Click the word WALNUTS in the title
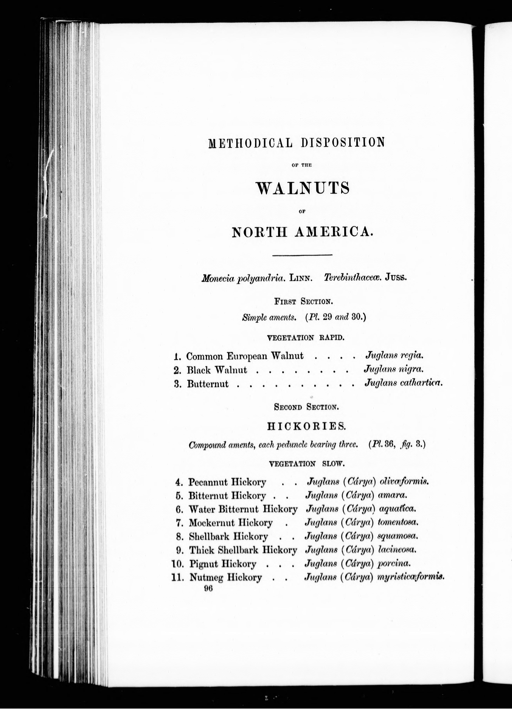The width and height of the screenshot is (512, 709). pos(303,188)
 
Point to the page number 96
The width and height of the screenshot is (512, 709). pos(208,588)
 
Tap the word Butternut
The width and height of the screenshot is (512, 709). pos(208,384)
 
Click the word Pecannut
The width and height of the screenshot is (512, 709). pos(208,482)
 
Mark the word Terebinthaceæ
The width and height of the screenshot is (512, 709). pos(352,277)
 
